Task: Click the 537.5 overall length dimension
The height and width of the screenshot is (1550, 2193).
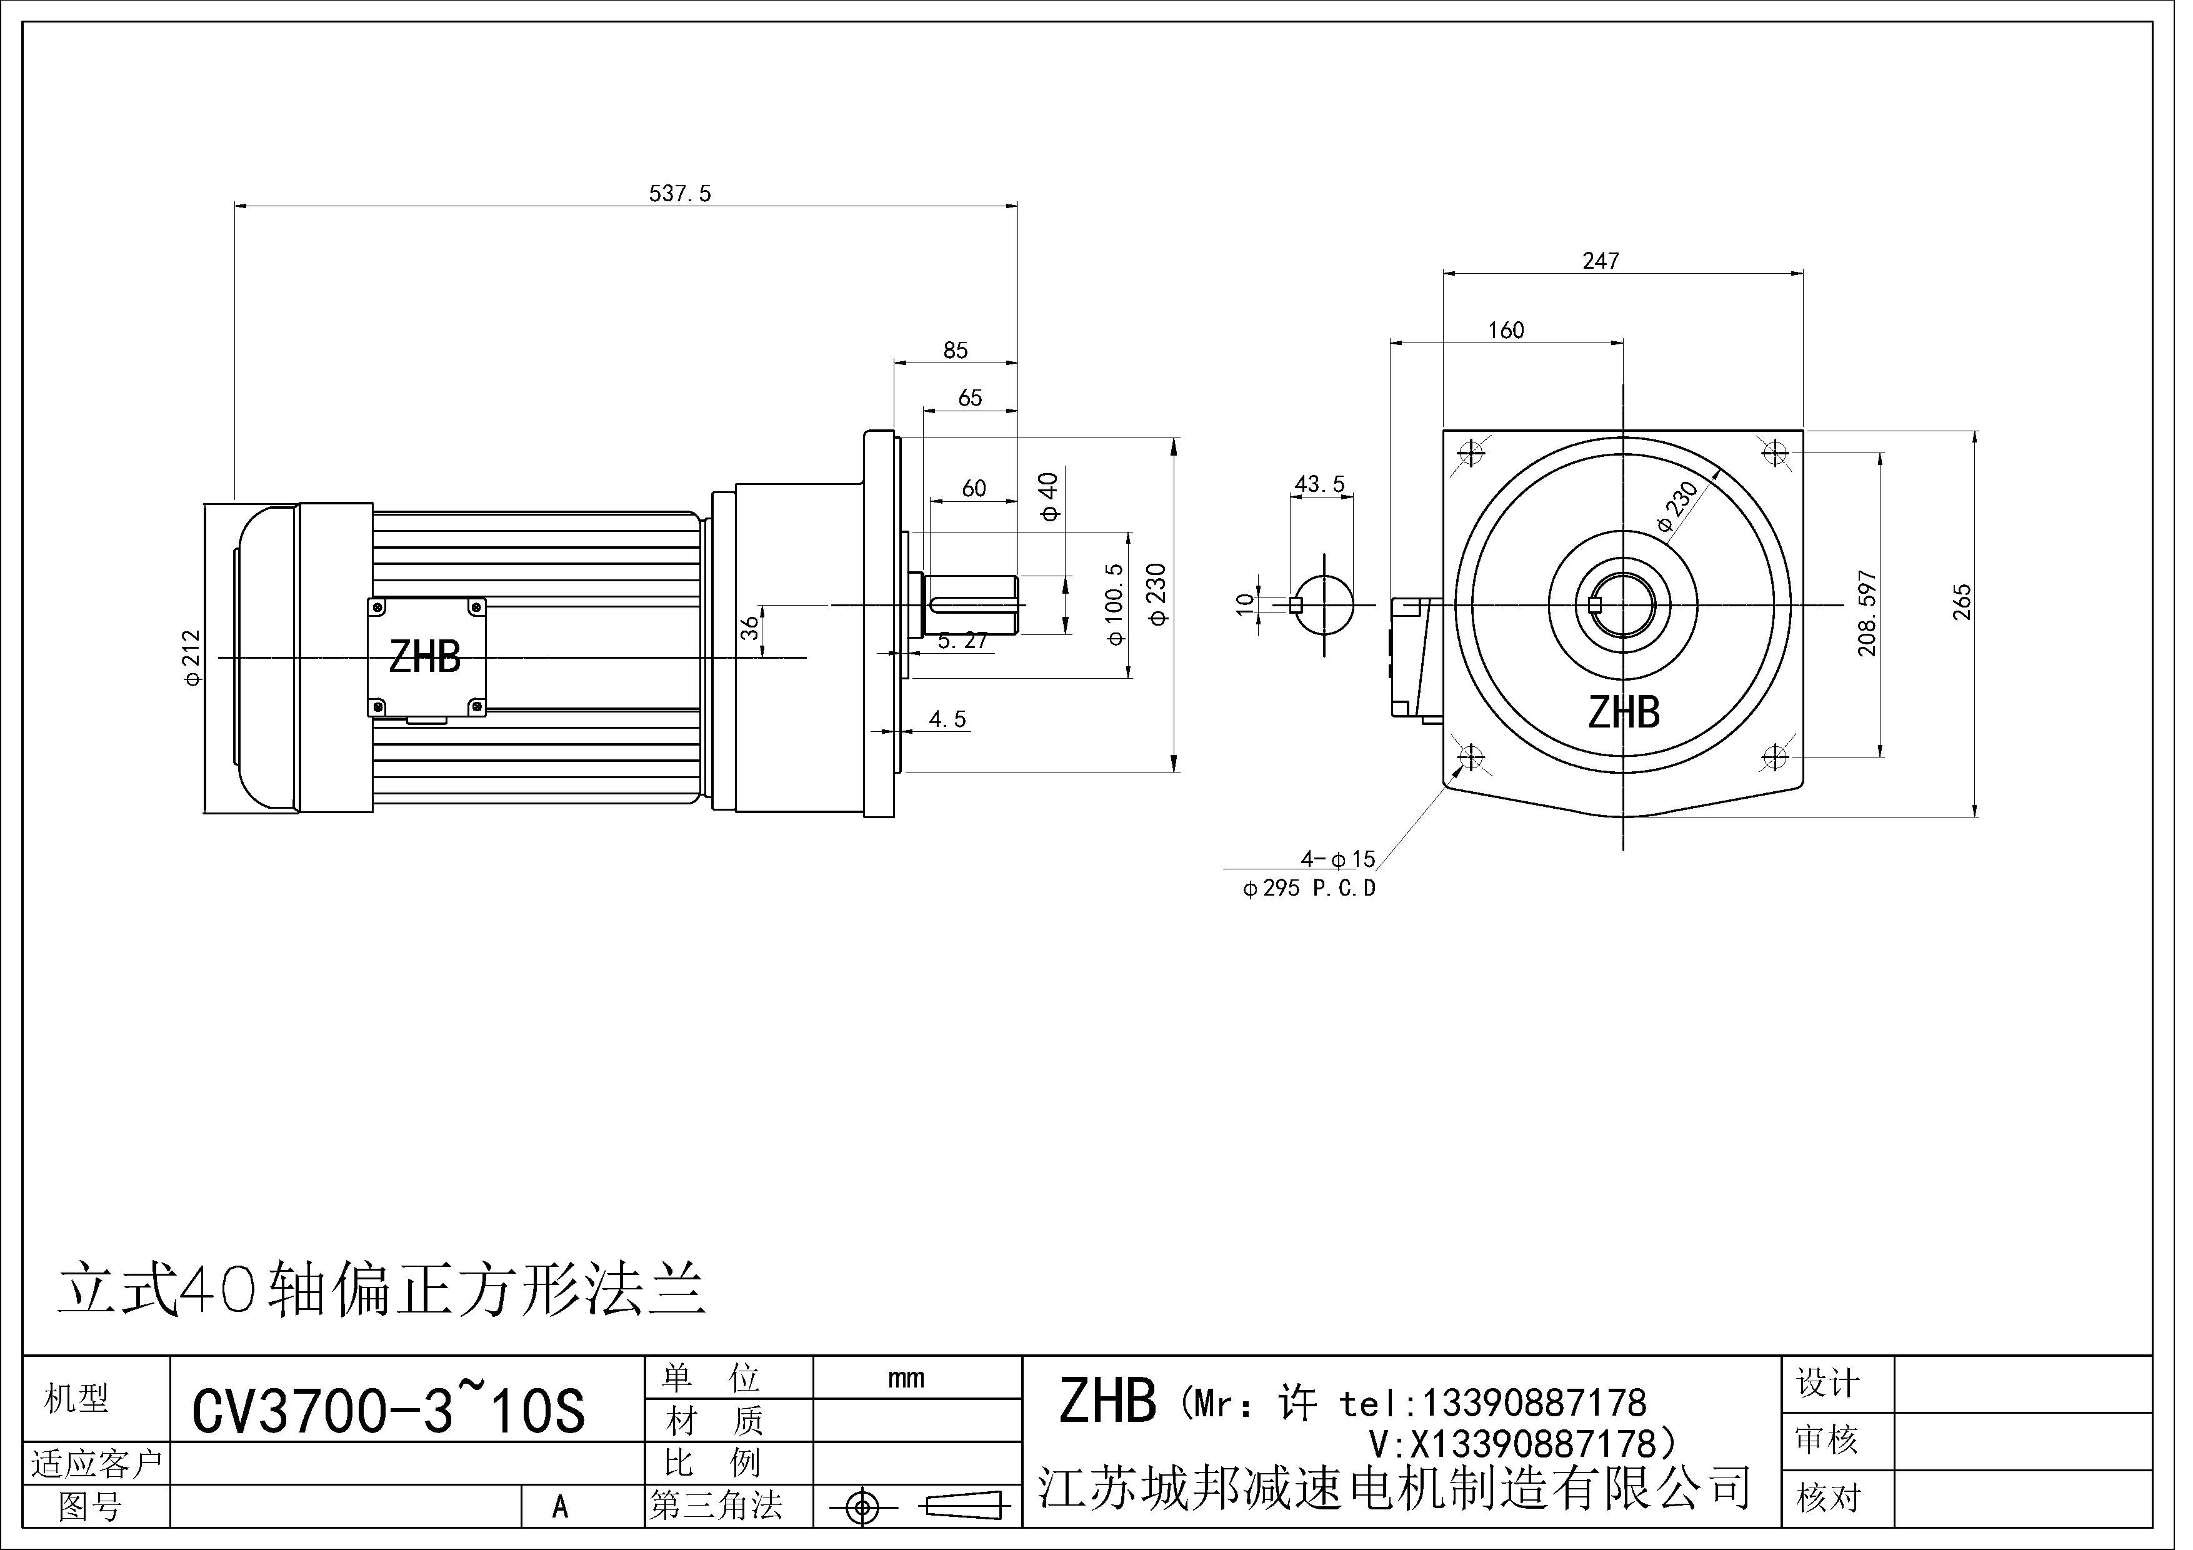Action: click(679, 193)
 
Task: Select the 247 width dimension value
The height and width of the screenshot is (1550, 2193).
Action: click(1600, 261)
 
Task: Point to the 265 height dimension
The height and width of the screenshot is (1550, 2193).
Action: click(1962, 602)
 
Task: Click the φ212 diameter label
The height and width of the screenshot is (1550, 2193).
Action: click(192, 657)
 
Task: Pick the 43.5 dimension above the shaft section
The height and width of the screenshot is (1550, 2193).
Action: click(1319, 484)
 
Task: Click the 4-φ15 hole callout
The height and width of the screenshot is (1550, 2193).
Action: click(1337, 859)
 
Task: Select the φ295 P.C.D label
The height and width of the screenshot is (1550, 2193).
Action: click(1309, 888)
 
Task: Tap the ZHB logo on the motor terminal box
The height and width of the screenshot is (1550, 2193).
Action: click(425, 657)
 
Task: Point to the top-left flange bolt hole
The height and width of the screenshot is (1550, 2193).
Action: click(1471, 452)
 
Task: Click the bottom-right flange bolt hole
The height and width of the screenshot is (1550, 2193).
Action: click(1775, 757)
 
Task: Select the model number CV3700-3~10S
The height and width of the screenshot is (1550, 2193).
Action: click(387, 1411)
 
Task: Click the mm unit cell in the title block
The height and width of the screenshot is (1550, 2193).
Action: click(906, 1378)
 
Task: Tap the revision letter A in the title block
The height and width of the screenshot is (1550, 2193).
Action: click(560, 1507)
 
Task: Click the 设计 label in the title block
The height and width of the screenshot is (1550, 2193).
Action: click(1827, 1383)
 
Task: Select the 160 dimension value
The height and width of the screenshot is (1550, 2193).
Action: click(1506, 331)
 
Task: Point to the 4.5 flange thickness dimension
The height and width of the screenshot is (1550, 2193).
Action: click(947, 719)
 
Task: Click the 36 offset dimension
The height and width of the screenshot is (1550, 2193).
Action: click(751, 628)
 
